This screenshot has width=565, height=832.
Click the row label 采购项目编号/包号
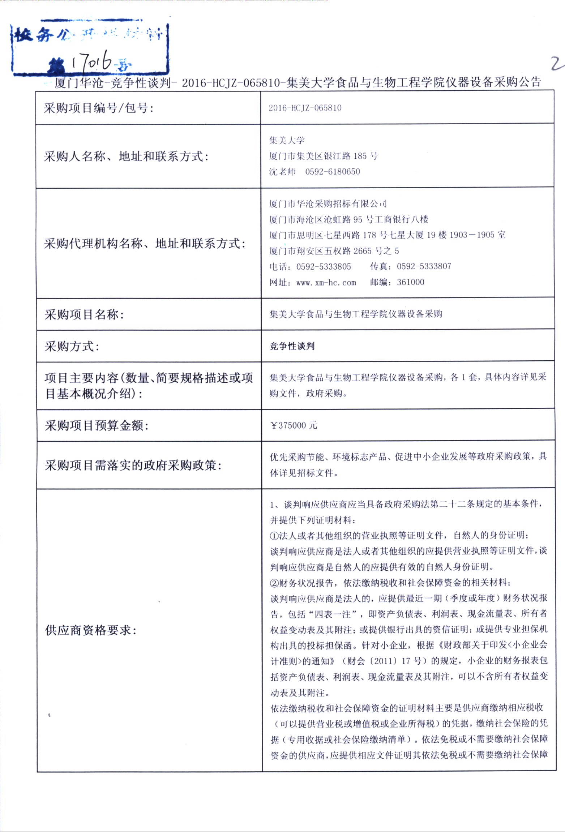[x=98, y=108]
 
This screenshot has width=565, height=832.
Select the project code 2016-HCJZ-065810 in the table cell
[x=305, y=108]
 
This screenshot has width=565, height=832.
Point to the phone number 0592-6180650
[x=333, y=172]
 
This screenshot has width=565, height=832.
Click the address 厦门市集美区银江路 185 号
[x=323, y=156]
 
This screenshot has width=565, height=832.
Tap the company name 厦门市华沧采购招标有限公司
[x=328, y=204]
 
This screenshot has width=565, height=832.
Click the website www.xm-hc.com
[x=326, y=283]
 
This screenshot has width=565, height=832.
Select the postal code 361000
[x=410, y=282]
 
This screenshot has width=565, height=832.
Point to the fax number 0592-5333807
[x=424, y=266]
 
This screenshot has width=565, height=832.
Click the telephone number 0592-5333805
[x=324, y=267]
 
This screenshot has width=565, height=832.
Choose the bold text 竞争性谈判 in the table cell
[x=292, y=346]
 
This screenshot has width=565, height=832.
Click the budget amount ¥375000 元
[x=294, y=425]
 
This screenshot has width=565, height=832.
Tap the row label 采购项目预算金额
[x=97, y=426]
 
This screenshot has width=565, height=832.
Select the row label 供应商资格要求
[x=91, y=630]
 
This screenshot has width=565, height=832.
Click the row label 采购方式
[x=72, y=347]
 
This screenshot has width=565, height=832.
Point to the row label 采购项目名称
[x=84, y=314]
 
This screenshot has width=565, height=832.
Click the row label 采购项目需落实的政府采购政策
[x=133, y=465]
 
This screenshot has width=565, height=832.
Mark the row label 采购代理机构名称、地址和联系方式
[x=145, y=244]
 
